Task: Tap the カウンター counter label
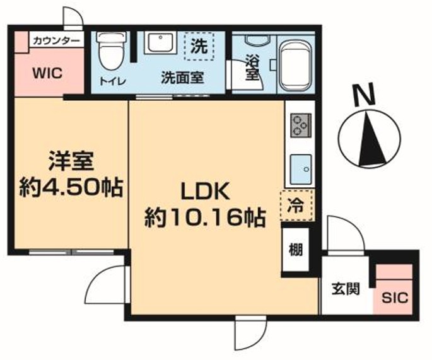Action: pos(57,40)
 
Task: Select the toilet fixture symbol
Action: pos(110,52)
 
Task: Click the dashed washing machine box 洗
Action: pos(199,45)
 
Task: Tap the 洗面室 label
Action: pos(182,79)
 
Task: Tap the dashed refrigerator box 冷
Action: pos(296,206)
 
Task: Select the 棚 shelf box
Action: pos(295,250)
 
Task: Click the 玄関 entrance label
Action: pos(346,289)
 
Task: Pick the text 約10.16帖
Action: pos(204,218)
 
